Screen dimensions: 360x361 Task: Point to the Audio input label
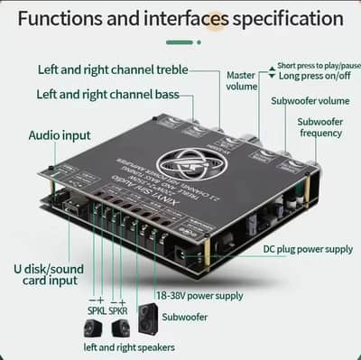60,135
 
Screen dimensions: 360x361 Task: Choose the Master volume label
241,81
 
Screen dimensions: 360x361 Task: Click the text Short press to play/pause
311,65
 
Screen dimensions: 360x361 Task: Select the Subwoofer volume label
310,101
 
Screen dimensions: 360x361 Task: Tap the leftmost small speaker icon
93,328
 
